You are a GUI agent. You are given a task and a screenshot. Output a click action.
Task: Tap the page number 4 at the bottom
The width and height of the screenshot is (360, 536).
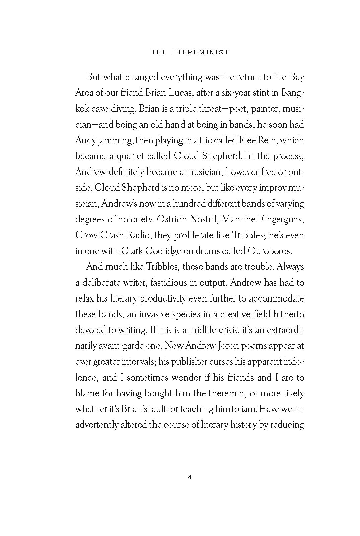click(190, 477)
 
